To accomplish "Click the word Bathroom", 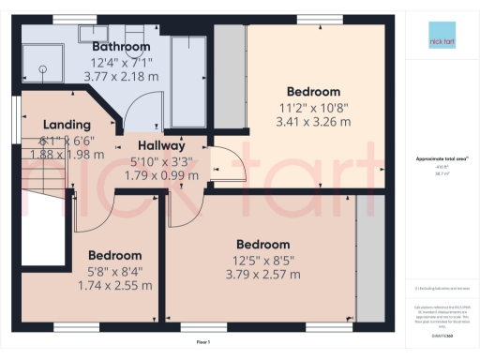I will tap(121, 47).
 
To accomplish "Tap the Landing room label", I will tap(67, 125).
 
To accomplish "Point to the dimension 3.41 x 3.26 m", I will tap(314, 122).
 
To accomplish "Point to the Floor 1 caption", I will tap(202, 343).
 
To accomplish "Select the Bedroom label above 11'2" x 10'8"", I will tap(314, 92).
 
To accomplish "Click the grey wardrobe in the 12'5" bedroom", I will tap(372, 262).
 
